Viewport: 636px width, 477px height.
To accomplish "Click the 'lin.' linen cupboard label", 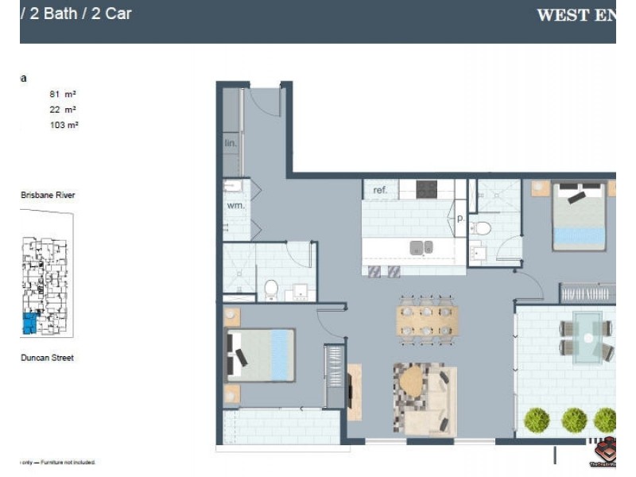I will click(x=231, y=144).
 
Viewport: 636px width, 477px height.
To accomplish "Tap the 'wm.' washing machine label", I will click(x=235, y=205).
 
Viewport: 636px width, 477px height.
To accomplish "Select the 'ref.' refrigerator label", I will click(x=380, y=190).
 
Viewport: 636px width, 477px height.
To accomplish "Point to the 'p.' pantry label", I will click(x=460, y=217).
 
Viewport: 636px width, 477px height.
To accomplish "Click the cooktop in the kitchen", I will click(x=427, y=189).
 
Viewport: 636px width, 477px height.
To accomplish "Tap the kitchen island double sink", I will click(x=421, y=247).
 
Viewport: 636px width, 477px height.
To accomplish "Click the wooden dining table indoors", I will click(x=427, y=320).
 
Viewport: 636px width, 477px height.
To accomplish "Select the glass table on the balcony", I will click(x=588, y=336).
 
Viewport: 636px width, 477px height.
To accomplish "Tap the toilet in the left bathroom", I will click(x=271, y=288).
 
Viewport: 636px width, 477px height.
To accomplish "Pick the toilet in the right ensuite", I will click(x=482, y=228).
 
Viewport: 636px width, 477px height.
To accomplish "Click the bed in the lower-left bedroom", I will click(x=262, y=355).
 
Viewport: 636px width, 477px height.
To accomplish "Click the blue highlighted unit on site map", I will click(x=30, y=322).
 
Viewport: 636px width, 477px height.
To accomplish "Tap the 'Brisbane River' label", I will click(x=48, y=195).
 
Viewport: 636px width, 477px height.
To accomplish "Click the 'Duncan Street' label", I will click(x=47, y=358).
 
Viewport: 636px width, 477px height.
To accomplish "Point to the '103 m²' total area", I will click(x=63, y=125).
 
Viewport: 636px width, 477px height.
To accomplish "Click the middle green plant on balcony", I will click(x=574, y=420).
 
